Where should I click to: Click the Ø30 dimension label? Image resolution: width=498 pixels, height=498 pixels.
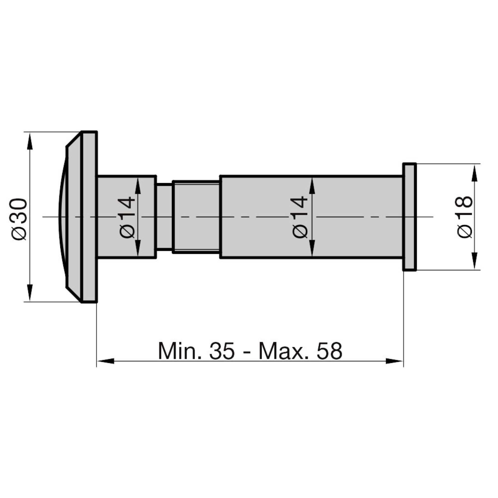click(x=19, y=219)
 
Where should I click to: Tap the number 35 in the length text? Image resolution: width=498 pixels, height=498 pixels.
click(x=222, y=351)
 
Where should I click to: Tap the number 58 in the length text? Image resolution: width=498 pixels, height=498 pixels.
click(x=329, y=351)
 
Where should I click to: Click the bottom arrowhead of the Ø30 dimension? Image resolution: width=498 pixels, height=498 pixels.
click(x=30, y=293)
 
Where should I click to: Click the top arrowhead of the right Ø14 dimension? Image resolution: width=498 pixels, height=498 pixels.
click(x=312, y=186)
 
